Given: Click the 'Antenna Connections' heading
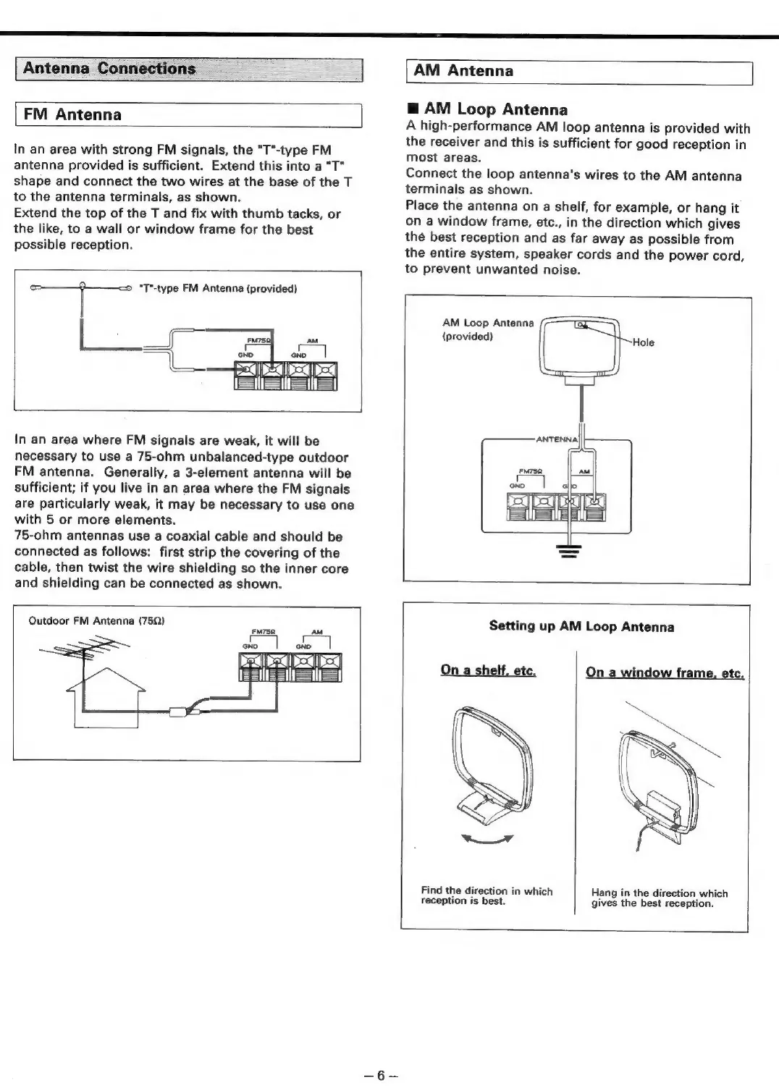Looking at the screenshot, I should pyautogui.click(x=109, y=69).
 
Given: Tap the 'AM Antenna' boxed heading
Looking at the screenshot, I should pyautogui.click(x=463, y=71).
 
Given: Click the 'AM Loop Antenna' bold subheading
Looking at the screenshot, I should pyautogui.click(x=496, y=109).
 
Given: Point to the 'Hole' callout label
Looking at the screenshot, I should pyautogui.click(x=644, y=342).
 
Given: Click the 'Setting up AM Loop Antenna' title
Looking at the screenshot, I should pyautogui.click(x=581, y=626).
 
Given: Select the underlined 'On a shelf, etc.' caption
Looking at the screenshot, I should pyautogui.click(x=488, y=670).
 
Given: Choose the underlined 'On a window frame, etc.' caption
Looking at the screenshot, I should pyautogui.click(x=665, y=672).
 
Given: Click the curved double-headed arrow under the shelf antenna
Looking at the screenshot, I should pyautogui.click(x=489, y=840).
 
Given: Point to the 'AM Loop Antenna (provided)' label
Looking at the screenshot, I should pyautogui.click(x=488, y=329).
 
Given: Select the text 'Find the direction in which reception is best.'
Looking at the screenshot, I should pyautogui.click(x=487, y=896).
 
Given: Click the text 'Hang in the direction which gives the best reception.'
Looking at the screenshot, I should pyautogui.click(x=659, y=898).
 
